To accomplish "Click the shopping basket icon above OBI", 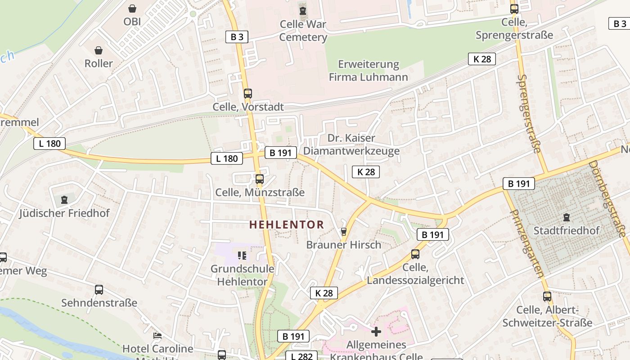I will pyautogui.click(x=132, y=9).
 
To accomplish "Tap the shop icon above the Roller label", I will pyautogui.click(x=99, y=50).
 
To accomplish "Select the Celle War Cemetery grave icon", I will pyautogui.click(x=303, y=10).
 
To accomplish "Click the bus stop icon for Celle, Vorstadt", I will pyautogui.click(x=247, y=94).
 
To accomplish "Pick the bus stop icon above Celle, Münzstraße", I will pyautogui.click(x=259, y=179).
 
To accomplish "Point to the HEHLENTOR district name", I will pyautogui.click(x=287, y=225).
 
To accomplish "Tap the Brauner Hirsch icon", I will pyautogui.click(x=344, y=232).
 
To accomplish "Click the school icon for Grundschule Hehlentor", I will pyautogui.click(x=242, y=256).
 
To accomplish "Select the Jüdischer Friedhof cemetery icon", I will pyautogui.click(x=64, y=199).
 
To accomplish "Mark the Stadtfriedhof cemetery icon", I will pyautogui.click(x=566, y=217).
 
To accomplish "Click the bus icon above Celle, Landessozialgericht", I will pyautogui.click(x=415, y=254).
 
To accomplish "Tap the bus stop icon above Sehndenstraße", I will pyautogui.click(x=99, y=290).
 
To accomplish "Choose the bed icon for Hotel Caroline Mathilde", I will pyautogui.click(x=157, y=336).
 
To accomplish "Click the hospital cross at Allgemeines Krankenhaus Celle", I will pyautogui.click(x=376, y=332).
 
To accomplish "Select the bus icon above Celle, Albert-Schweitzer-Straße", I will pyautogui.click(x=547, y=297).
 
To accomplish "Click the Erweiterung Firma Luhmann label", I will pyautogui.click(x=368, y=71).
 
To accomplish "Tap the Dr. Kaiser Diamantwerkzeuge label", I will pyautogui.click(x=351, y=144).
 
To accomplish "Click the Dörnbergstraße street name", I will pyautogui.click(x=608, y=198).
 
